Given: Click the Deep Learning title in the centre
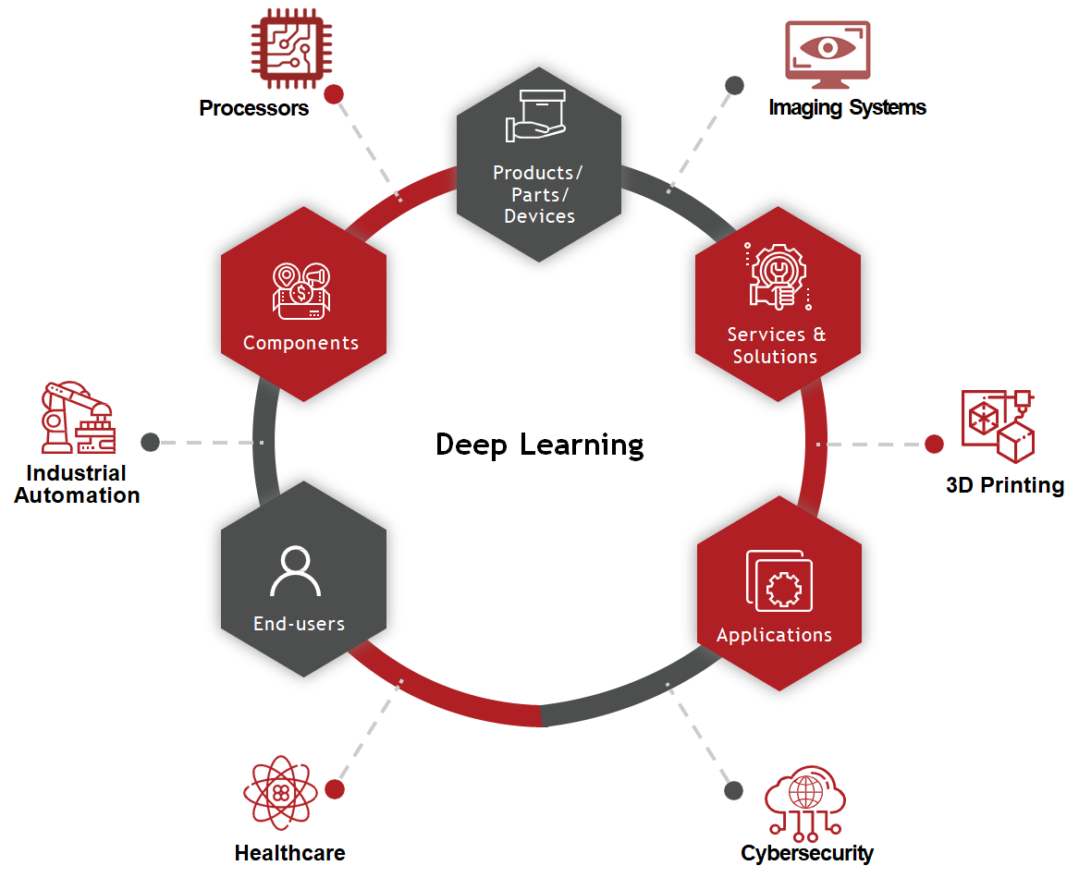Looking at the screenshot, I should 540,445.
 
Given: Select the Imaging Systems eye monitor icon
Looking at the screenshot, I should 828,55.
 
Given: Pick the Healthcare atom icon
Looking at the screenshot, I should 280,793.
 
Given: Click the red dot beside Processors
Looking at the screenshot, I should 334,93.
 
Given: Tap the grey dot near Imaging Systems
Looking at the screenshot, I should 734,86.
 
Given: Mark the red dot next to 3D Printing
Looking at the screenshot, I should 934,445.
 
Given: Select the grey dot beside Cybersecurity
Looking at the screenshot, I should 733,790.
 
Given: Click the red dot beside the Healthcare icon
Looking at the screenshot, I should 335,789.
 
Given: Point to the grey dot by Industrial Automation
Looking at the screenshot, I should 151,442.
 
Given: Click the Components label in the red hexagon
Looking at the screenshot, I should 300,343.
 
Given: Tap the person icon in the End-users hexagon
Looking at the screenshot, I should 295,572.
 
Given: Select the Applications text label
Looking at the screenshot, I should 774,635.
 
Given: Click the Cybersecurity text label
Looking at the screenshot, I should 807,853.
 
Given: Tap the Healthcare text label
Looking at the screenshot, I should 289,853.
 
